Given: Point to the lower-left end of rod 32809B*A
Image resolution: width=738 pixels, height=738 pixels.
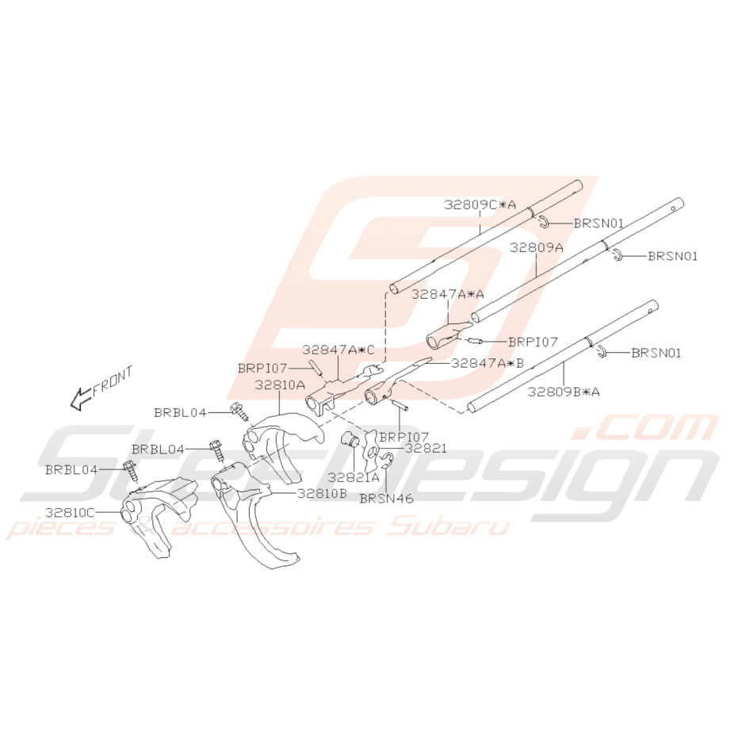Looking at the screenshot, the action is point(472,408).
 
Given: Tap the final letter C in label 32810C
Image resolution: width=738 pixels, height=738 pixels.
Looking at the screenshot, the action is point(89,512).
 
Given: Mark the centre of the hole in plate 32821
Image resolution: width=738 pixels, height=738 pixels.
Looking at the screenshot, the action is point(372,452).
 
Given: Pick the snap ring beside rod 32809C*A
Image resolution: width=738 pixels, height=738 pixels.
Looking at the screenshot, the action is point(543,222).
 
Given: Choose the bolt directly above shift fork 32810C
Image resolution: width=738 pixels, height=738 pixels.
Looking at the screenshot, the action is point(130,471).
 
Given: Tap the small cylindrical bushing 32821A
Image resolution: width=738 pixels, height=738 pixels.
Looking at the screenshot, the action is point(350,439).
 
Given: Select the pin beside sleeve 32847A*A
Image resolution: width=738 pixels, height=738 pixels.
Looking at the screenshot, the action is point(474,341).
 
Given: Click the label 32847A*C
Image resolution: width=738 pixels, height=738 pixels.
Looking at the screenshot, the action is point(338,350).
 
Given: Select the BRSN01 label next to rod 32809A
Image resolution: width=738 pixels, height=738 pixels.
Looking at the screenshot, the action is point(672,256).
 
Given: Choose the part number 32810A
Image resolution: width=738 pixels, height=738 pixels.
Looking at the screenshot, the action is point(280,385).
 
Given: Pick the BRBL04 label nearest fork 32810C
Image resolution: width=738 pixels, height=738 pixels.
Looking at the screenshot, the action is point(71,470).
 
